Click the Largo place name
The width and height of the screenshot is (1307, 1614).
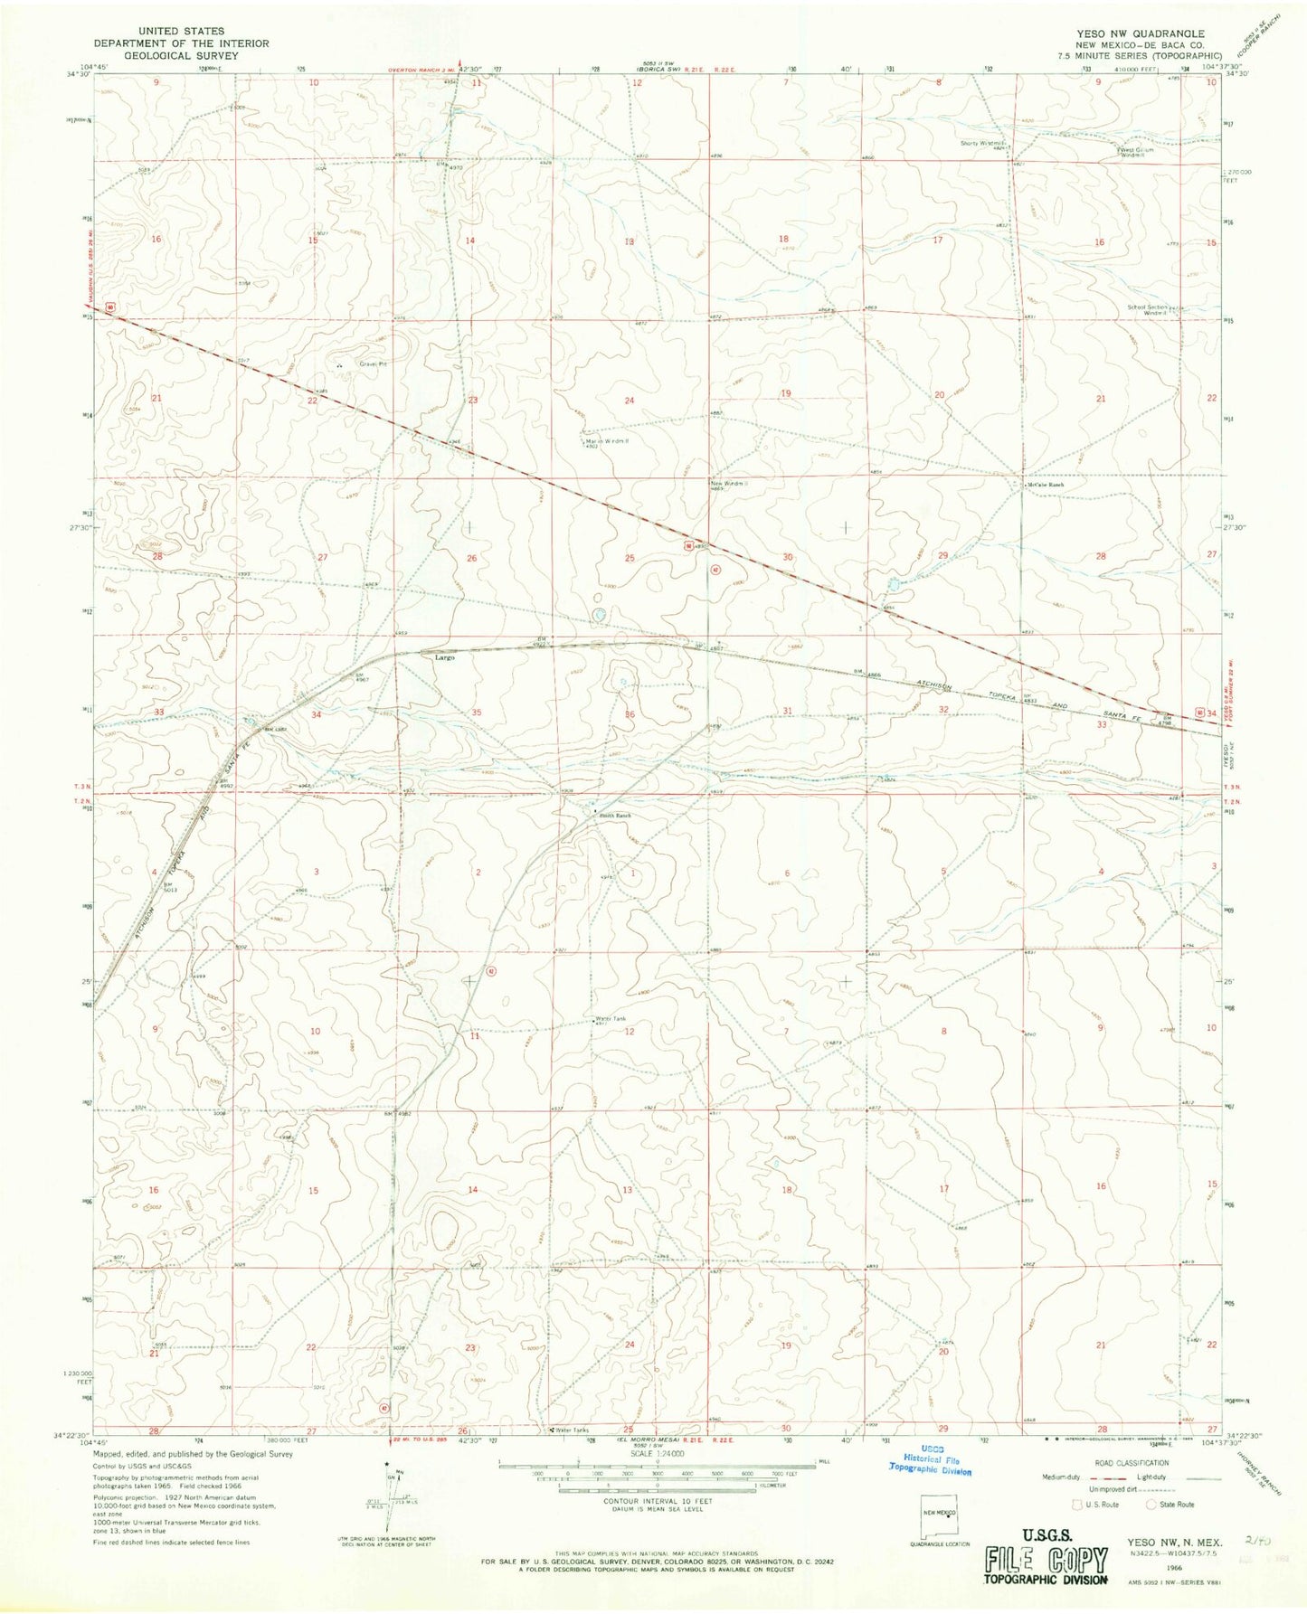point(443,658)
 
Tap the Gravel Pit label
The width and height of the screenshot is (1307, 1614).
point(374,365)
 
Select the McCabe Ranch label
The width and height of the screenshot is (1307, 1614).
point(1046,486)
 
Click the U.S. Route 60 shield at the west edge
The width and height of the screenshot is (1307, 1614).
point(109,307)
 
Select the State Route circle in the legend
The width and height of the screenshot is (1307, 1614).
point(1153,1505)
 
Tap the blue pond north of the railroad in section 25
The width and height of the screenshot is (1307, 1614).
point(598,616)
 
